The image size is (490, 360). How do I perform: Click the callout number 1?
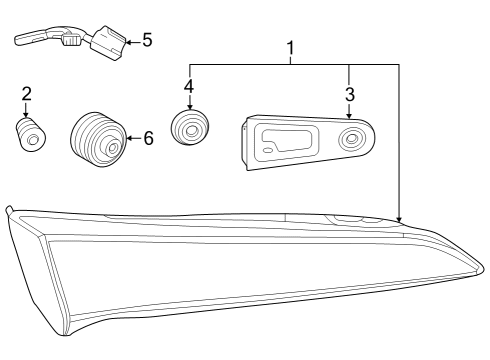pyautogui.click(x=291, y=47)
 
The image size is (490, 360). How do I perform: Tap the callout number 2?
pyautogui.click(x=27, y=94)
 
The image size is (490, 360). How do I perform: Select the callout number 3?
pyautogui.click(x=349, y=94)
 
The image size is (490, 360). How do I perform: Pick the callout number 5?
pyautogui.click(x=146, y=40)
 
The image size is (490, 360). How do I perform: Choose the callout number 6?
pyautogui.click(x=148, y=138)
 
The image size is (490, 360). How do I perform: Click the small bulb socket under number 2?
pyautogui.click(x=30, y=135)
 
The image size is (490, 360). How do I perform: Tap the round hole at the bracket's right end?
pyautogui.click(x=352, y=139)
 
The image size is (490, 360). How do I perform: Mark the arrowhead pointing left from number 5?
pyautogui.click(x=128, y=41)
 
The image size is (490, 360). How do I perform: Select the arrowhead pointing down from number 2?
pyautogui.click(x=27, y=115)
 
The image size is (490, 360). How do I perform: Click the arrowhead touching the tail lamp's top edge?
pyautogui.click(x=398, y=217)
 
